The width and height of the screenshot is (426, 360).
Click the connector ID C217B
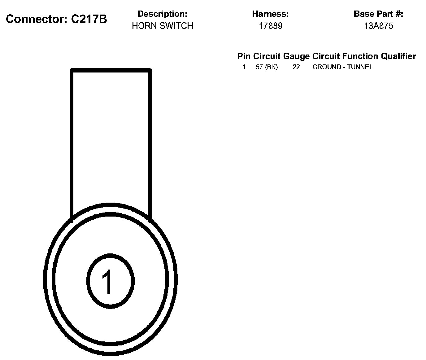coord(89,19)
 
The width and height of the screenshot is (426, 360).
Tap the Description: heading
coord(162,14)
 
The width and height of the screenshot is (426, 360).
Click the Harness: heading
coord(270,14)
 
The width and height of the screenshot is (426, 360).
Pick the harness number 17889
coord(270,26)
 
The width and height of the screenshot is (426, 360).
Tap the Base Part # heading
coord(378,14)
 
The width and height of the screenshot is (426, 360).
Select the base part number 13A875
coord(378,26)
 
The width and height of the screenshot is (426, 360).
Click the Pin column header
coord(244,56)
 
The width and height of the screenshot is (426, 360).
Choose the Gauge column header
coord(296,56)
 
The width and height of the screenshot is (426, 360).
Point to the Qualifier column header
coord(398,56)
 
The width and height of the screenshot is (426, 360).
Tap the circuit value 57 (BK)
coord(267,67)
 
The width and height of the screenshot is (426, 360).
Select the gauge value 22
coord(296,67)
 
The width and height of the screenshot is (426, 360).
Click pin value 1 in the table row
coord(244,67)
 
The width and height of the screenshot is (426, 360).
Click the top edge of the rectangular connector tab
coord(111,71)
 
